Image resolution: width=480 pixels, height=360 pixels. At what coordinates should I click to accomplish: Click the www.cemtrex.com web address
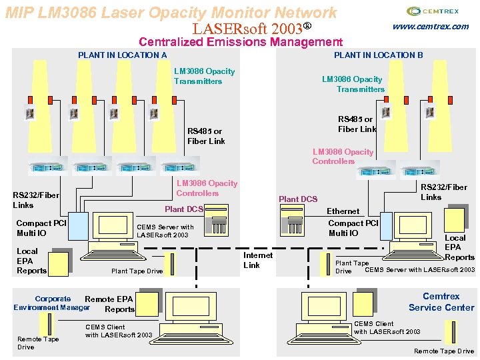[430, 27]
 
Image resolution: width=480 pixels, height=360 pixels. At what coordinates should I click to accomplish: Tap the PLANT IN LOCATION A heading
[122, 55]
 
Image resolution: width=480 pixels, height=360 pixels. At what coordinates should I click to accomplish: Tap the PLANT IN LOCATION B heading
[378, 55]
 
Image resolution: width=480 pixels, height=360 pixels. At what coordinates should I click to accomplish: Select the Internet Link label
[257, 260]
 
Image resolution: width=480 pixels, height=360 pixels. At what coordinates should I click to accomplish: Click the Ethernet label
[343, 211]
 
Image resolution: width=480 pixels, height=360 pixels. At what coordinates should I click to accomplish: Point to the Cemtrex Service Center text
[441, 302]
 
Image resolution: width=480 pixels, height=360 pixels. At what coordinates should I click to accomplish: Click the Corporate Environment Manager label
[51, 303]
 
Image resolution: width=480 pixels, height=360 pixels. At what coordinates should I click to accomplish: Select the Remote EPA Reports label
[111, 304]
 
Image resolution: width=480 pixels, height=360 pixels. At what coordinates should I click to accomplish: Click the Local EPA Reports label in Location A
[31, 261]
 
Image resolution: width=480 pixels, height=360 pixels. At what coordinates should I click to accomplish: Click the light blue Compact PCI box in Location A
[79, 225]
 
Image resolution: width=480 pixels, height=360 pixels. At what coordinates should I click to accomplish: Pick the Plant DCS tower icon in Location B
[292, 216]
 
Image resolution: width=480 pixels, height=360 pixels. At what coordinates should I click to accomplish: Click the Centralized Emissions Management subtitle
[240, 42]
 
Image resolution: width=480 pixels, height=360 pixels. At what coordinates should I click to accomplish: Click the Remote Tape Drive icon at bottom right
[451, 331]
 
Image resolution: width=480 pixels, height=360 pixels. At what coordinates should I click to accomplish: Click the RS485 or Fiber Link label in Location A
[206, 136]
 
